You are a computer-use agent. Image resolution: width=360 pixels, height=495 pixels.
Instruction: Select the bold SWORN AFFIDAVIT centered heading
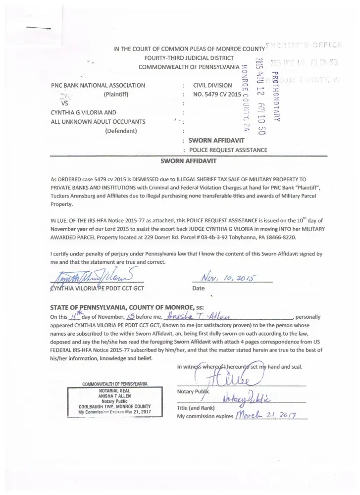click(188, 160)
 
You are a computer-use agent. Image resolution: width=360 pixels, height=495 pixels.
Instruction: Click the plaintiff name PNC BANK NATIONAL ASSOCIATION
click(98, 85)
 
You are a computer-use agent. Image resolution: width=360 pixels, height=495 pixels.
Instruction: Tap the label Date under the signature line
click(198, 288)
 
